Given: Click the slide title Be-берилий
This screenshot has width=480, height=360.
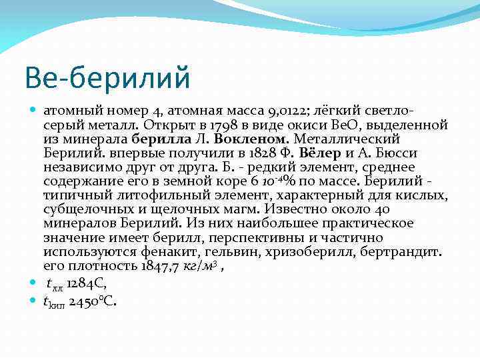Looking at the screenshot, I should [x=107, y=77].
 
